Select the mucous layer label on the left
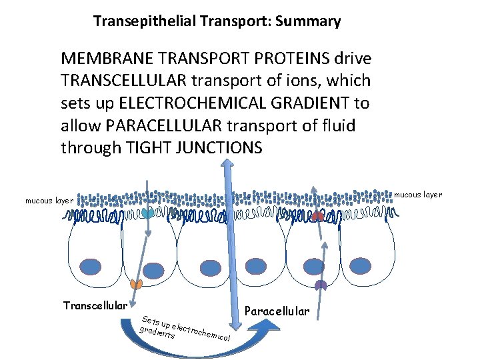click(49, 200)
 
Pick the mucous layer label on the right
click(419, 195)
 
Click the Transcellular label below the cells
click(95, 305)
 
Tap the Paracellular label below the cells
click(277, 311)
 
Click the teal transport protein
click(148, 213)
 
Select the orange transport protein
click(136, 284)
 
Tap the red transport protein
click(319, 216)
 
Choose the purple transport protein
click(321, 285)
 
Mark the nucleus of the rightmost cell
click(361, 265)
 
